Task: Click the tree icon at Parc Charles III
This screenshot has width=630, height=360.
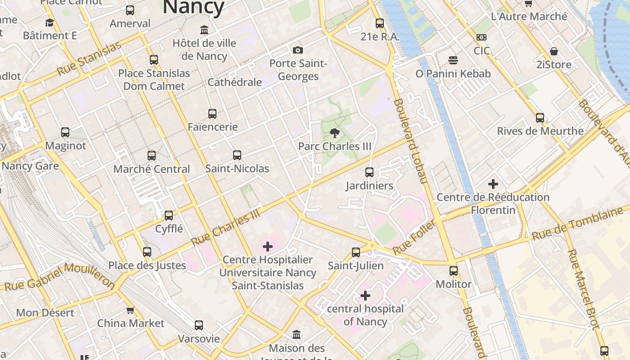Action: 334,133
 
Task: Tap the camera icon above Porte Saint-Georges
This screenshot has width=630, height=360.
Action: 297,50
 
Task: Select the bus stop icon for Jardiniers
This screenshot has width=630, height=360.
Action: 369,172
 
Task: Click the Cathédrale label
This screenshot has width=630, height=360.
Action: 234,82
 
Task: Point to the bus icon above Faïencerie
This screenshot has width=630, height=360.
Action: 212,114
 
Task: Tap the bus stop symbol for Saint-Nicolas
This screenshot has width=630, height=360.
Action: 237,155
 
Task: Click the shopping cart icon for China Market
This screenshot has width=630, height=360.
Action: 130,310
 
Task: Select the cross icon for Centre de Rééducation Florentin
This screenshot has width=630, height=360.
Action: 493,184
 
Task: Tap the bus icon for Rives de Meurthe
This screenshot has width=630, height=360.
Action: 540,118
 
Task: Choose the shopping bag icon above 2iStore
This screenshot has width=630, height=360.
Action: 554,51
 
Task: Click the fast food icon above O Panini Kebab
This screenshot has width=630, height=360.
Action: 453,60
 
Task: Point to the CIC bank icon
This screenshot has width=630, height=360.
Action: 481,37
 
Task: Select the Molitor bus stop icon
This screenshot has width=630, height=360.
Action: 454,270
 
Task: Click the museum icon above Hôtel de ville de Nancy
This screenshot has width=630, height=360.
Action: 204,30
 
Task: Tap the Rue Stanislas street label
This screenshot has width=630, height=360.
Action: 89,59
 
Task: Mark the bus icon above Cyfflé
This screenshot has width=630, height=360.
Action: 169,215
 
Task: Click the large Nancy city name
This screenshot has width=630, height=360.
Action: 193,7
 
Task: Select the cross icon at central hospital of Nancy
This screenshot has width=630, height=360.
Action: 365,296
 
